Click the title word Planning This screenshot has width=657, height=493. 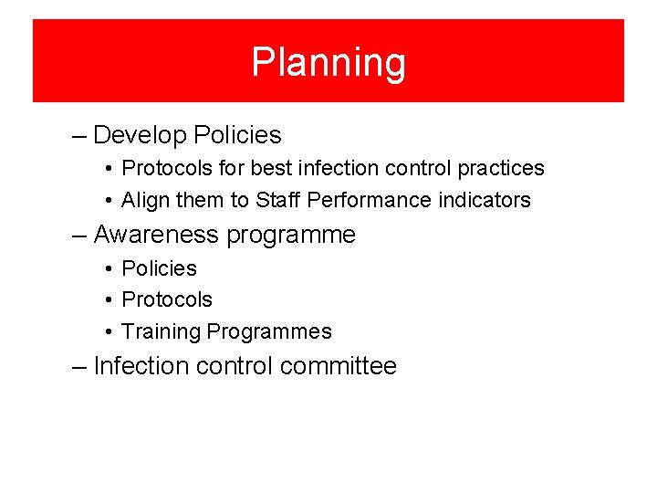[x=328, y=63]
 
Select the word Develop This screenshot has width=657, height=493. [x=140, y=135]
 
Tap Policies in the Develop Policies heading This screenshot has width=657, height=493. [x=237, y=135]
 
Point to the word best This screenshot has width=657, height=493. [x=271, y=169]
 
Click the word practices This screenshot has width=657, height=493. [x=501, y=169]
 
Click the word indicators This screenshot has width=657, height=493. [x=484, y=200]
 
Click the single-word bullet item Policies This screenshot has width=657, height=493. [x=159, y=268]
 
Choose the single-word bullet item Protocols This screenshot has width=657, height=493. [x=167, y=299]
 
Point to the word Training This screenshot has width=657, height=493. [x=162, y=331]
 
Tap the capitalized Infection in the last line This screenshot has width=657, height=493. [x=139, y=366]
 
